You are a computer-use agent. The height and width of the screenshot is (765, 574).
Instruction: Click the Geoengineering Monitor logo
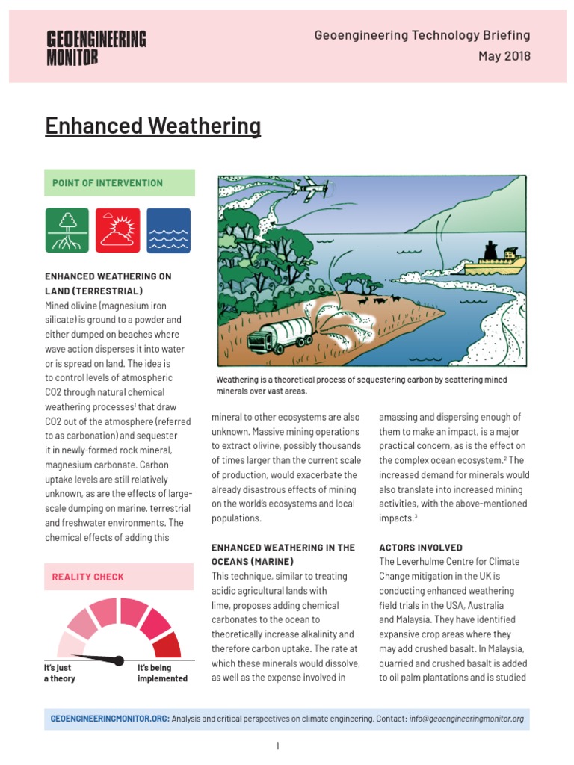click(96, 48)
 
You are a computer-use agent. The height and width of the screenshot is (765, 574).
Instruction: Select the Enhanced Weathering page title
click(152, 126)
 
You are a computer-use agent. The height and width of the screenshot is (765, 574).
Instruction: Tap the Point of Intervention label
click(108, 183)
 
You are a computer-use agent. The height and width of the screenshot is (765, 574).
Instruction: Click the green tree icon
click(67, 230)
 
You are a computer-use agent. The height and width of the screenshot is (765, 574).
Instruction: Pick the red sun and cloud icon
click(118, 230)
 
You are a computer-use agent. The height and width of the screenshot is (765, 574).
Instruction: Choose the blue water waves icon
click(168, 230)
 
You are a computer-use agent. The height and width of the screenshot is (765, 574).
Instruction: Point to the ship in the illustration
click(494, 261)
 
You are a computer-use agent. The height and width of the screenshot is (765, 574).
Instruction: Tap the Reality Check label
click(88, 577)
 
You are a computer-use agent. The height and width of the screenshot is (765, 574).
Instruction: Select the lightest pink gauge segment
click(70, 644)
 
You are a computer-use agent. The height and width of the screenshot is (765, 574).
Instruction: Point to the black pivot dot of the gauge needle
click(118, 660)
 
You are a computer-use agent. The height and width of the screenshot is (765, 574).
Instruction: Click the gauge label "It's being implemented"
click(162, 673)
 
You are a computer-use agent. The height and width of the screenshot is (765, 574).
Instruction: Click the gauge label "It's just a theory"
click(60, 673)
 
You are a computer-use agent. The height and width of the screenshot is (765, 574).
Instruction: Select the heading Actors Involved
click(421, 548)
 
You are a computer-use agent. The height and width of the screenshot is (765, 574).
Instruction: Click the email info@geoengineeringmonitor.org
click(466, 719)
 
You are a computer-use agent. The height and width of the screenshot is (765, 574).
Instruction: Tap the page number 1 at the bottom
click(277, 746)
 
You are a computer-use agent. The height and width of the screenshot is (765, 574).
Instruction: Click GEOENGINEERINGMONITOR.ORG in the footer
click(110, 719)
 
